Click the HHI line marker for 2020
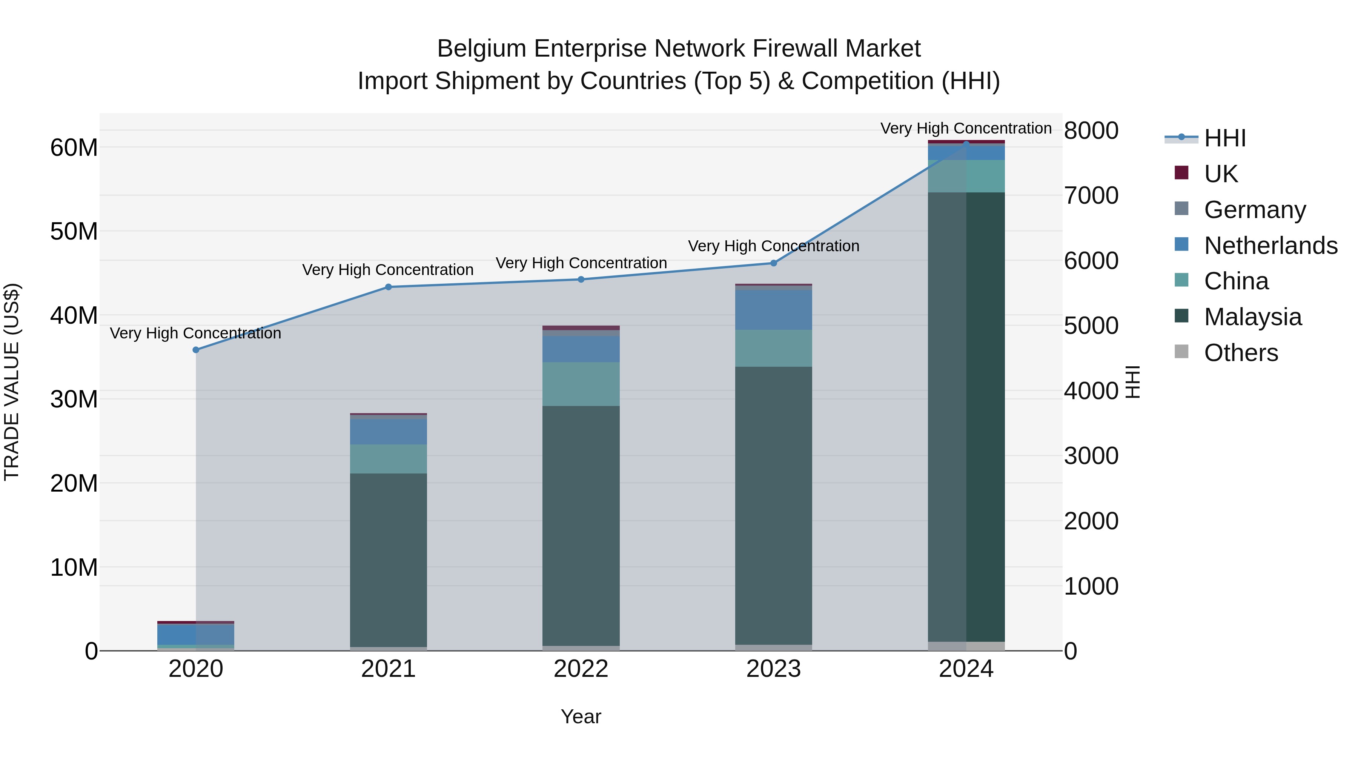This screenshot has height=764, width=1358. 196,350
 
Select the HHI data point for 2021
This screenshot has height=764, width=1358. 389,287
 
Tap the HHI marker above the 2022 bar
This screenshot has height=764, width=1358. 581,280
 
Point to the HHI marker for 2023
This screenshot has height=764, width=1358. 774,263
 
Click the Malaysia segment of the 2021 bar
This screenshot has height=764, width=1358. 389,559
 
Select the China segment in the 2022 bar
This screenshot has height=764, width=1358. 581,384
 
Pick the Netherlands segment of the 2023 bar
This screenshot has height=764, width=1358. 774,310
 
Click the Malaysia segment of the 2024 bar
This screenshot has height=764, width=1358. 966,417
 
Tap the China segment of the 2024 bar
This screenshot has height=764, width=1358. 966,176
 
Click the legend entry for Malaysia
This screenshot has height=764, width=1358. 1252,317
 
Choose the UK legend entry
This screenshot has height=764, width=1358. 1220,174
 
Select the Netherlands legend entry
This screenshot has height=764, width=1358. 1270,245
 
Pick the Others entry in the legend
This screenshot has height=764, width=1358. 1240,353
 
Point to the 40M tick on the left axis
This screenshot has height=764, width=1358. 74,315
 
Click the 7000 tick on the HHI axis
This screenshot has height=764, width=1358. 1091,195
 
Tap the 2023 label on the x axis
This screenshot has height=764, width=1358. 774,669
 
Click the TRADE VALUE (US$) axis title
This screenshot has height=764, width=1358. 12,382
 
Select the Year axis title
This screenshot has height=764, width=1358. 581,717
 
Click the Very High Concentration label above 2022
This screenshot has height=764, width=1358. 581,263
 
